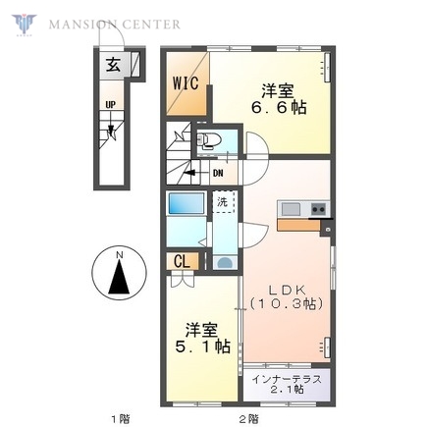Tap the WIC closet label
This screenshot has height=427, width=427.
pyautogui.click(x=187, y=83)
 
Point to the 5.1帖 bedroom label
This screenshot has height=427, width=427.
pyautogui.click(x=203, y=338)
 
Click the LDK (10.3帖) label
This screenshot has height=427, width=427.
pyautogui.click(x=284, y=295)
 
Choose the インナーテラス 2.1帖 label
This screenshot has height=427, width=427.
pyautogui.click(x=290, y=384)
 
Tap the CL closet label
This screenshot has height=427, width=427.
pyautogui.click(x=183, y=261)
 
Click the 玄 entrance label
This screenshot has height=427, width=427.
pyautogui.click(x=113, y=67)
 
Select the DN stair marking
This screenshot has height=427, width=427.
pyautogui.click(x=218, y=173)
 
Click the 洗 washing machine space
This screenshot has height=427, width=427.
pyautogui.click(x=224, y=203)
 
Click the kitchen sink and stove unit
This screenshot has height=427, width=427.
pyautogui.click(x=304, y=209)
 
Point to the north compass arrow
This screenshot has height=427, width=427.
pyautogui.click(x=119, y=277)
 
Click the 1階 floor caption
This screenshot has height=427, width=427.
pyautogui.click(x=119, y=418)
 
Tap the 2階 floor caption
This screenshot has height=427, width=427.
pyautogui.click(x=248, y=418)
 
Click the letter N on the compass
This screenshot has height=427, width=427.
pyautogui.click(x=119, y=257)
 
